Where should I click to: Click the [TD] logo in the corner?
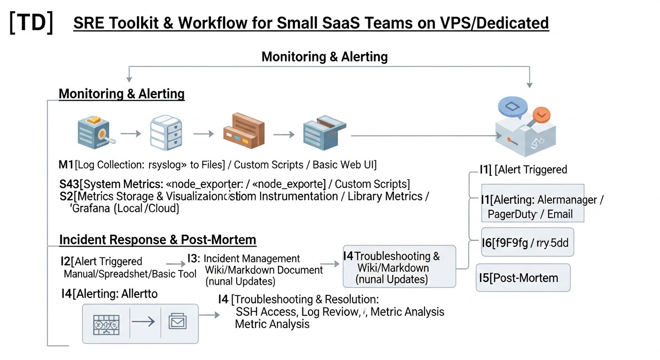[x=31, y=23]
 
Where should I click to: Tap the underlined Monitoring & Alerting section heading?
[x=121, y=94]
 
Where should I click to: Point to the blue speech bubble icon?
[x=513, y=107]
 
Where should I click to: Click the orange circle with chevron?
[x=541, y=114]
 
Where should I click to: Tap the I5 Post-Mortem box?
[x=523, y=278]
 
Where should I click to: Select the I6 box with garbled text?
[x=527, y=242]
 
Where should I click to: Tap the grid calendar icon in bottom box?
[x=106, y=323]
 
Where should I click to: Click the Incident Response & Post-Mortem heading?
[x=157, y=240]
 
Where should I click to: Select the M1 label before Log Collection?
[x=66, y=165]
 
